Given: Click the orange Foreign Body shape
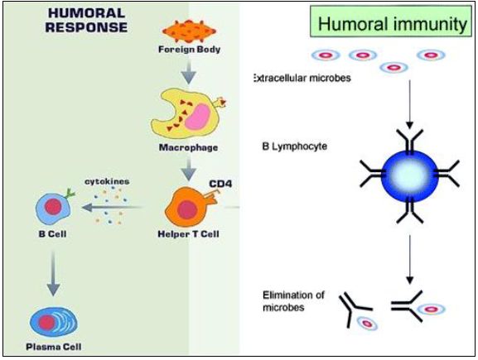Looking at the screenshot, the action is pos(189,31).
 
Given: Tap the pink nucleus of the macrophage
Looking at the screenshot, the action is pos(197,117).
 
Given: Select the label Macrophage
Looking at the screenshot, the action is pos(188,147).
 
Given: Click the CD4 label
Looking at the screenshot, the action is pos(220,184).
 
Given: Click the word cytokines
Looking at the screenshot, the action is pos(107,181).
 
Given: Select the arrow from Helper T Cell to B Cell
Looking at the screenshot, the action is pos(112,208).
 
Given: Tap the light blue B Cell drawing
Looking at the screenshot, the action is pos(53,209).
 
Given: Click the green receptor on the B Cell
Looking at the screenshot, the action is pos(70,193).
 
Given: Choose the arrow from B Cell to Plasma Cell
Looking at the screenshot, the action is pos(53,273).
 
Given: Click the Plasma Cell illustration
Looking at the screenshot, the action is pos(54,322).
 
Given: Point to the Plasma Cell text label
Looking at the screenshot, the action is pos(54,347).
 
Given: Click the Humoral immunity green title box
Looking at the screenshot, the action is pos(391,22).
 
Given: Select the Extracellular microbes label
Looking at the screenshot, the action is pos(302,79).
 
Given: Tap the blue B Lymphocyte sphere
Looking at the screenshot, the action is pos(410,176).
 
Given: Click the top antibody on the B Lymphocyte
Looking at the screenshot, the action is pos(410,141).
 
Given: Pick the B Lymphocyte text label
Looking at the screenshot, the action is pos(294,146).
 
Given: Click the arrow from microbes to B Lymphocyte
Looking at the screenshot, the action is pos(410,104).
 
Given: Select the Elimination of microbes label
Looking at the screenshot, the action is pos(293,301).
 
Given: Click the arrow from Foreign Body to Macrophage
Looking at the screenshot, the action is pos(189,71).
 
